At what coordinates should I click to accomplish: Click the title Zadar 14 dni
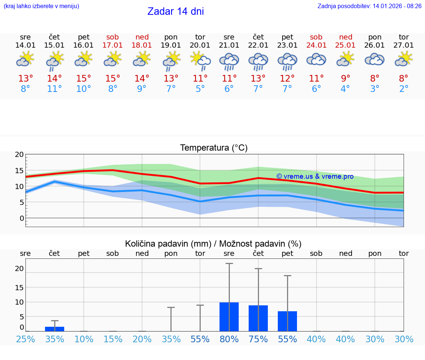click(176, 11)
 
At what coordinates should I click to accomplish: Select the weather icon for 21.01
click(229, 61)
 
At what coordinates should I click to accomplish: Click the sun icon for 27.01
click(404, 59)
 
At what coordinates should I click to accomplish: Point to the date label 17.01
click(113, 45)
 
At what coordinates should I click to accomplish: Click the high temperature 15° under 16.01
click(83, 79)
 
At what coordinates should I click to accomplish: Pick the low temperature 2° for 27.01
click(404, 89)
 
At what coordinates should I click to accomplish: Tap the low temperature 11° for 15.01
click(54, 89)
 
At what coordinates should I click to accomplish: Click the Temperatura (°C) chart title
click(214, 148)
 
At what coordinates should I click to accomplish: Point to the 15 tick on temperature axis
click(19, 171)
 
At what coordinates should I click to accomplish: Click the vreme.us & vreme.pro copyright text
click(315, 176)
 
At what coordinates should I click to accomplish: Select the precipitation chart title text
click(213, 244)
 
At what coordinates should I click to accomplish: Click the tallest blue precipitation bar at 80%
click(229, 317)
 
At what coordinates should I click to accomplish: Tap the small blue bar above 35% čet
click(55, 329)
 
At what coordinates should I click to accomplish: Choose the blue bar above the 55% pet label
click(287, 321)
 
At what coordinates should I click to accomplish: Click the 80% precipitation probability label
click(229, 339)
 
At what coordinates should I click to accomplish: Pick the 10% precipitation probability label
click(84, 339)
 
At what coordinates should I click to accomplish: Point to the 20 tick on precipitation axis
click(19, 268)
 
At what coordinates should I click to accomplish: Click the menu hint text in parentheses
click(41, 6)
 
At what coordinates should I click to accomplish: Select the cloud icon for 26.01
click(375, 59)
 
